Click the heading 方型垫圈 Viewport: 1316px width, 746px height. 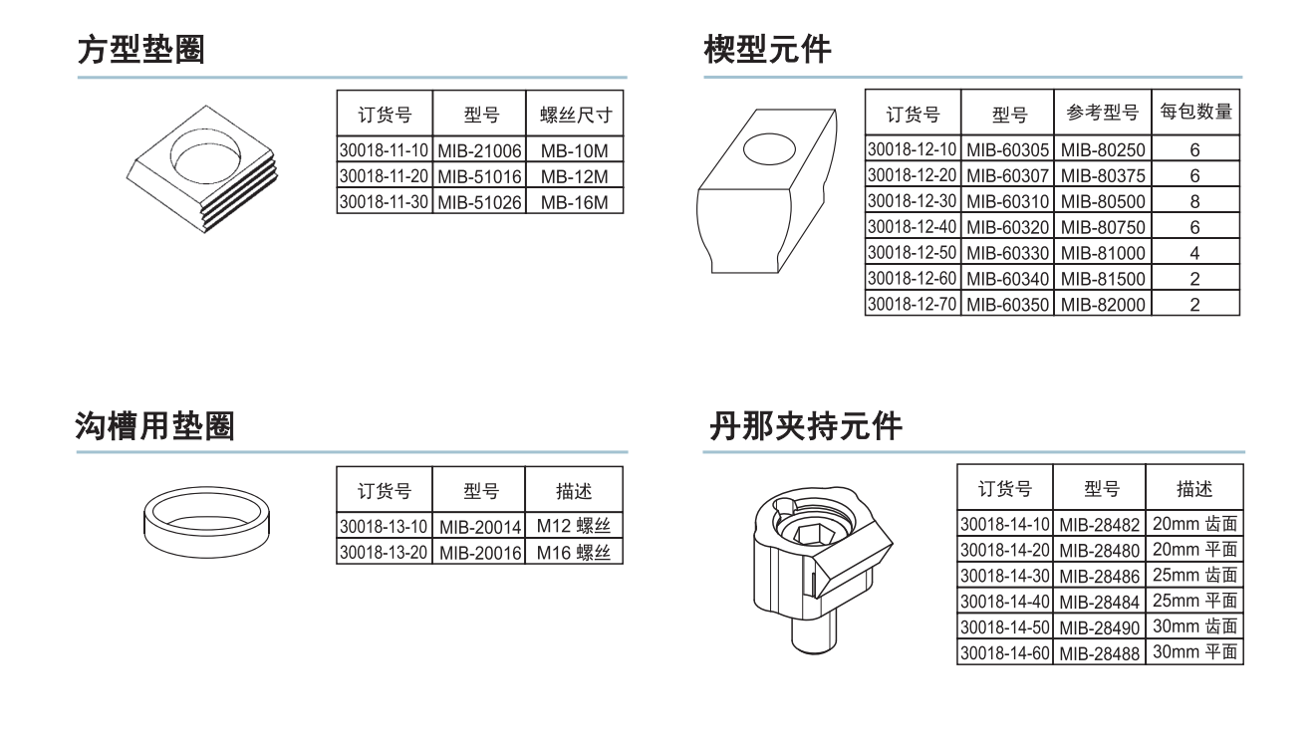141,49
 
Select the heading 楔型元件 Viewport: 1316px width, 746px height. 767,49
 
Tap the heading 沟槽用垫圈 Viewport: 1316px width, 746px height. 155,426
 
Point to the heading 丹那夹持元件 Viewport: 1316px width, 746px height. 805,426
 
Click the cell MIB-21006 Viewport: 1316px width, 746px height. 479,151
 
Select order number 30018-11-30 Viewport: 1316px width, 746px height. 384,202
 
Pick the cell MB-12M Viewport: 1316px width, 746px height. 575,177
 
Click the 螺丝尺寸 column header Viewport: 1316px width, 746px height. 575,115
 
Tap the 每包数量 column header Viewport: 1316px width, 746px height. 1195,113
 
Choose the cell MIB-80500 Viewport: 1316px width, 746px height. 1103,201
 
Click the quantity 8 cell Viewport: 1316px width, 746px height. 1195,201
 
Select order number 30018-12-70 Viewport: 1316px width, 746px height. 913,304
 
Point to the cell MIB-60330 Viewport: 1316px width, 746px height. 1007,253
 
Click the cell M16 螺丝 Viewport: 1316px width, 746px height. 574,552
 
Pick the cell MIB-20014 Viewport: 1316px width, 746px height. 479,526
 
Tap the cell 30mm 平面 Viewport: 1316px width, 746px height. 1194,652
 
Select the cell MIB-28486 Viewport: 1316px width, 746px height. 1100,576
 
